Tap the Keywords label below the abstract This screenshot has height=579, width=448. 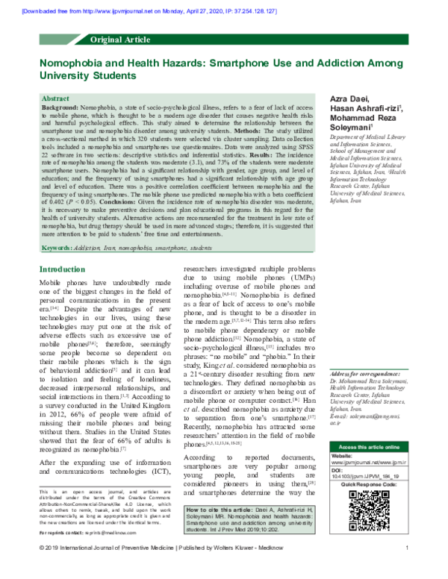click(x=57, y=247)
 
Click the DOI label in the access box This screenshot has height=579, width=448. click(x=337, y=489)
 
